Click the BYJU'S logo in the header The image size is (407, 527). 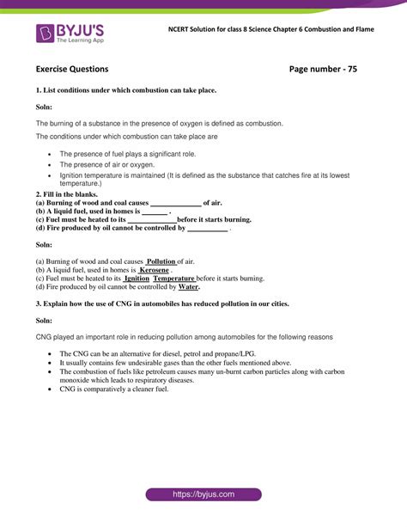tap(70, 34)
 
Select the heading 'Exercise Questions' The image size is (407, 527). tap(72, 69)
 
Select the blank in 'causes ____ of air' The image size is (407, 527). tap(175, 203)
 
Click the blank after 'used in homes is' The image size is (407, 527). tap(155, 211)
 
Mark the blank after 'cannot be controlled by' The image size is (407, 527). tap(207, 229)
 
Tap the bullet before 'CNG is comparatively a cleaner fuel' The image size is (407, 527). tap(51, 389)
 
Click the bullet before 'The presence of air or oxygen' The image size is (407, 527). tap(51, 164)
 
